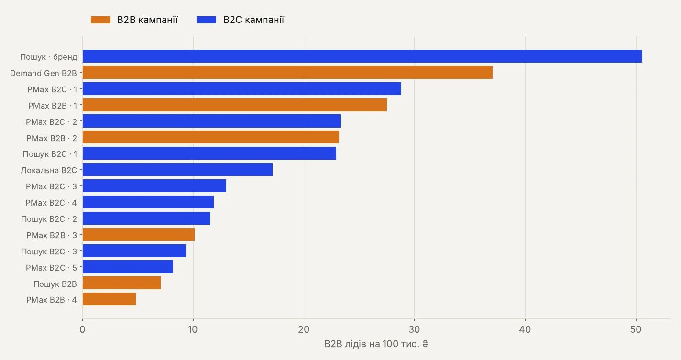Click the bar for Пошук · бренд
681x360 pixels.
coord(362,56)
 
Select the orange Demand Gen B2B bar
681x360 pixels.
coord(287,73)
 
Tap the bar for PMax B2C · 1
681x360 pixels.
coord(242,89)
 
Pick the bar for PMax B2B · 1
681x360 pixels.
coord(235,105)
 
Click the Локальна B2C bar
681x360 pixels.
coord(177,170)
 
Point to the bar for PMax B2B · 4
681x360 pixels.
coord(109,299)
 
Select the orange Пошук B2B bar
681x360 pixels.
coord(121,283)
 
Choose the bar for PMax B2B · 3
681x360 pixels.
coord(139,234)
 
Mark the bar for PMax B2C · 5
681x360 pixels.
coord(128,267)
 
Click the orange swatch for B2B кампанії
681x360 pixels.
coord(100,20)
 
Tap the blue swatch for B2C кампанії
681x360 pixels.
coord(207,20)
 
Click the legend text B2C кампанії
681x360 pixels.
coord(253,20)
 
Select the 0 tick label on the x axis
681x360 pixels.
coord(82,329)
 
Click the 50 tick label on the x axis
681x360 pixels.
coord(636,329)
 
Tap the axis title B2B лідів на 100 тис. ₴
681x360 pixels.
coord(376,344)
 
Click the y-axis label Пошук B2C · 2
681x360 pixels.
coord(49,219)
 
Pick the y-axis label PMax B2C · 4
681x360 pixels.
coord(51,203)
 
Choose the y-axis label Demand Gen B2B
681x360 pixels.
coord(44,73)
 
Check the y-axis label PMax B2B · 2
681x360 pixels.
coord(52,138)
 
